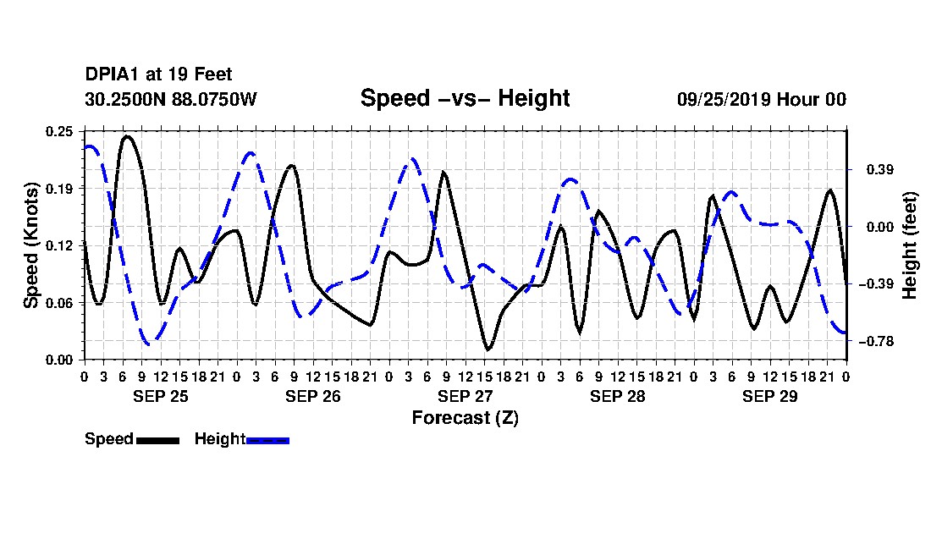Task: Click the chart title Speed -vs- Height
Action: click(x=465, y=98)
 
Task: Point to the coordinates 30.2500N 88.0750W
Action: click(x=171, y=99)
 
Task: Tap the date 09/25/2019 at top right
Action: click(x=724, y=99)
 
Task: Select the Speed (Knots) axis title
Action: click(x=30, y=245)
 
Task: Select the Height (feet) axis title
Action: click(x=909, y=245)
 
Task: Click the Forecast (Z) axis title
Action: click(x=465, y=418)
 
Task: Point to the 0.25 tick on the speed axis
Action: click(x=59, y=131)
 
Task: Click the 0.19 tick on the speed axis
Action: click(x=59, y=189)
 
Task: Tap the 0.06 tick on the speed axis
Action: click(x=59, y=303)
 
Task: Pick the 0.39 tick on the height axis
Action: click(x=880, y=170)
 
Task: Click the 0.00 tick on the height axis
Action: click(x=880, y=227)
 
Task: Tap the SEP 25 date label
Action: click(x=160, y=396)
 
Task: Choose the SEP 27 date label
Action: click(x=465, y=396)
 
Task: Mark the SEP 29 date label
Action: click(x=769, y=396)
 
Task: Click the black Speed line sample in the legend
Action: click(x=157, y=440)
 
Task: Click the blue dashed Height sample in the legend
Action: click(x=267, y=440)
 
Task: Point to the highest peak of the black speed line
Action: click(x=127, y=136)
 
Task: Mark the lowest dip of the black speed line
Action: click(x=488, y=349)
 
